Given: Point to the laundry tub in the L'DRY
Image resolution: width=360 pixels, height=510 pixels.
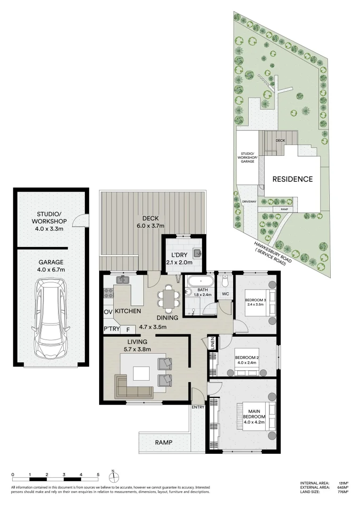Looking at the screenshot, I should click(197, 252).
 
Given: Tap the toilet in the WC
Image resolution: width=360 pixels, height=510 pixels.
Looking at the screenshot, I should click(225, 282).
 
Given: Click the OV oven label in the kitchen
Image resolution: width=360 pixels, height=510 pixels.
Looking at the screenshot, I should click(107, 312).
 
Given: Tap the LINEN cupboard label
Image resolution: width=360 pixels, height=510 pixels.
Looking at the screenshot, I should click(213, 344).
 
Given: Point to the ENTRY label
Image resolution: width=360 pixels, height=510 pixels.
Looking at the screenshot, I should click(198, 407).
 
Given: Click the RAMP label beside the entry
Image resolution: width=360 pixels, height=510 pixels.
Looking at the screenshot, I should click(163, 443).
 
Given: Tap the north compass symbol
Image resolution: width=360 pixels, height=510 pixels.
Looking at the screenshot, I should click(113, 476).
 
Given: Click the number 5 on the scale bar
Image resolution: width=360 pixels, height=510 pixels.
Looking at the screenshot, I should click(98, 474).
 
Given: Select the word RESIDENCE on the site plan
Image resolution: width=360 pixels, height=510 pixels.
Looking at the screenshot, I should click(292, 179).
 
